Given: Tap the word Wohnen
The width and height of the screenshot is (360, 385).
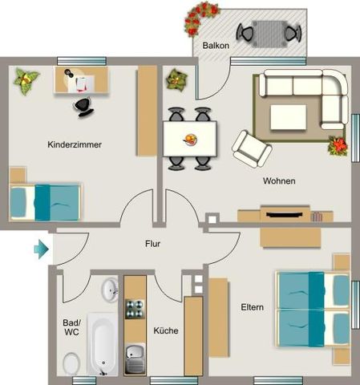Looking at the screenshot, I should (x=279, y=181).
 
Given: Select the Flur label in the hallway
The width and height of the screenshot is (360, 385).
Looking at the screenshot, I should (x=154, y=243).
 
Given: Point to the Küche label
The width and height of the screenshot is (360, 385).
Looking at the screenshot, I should (x=165, y=330).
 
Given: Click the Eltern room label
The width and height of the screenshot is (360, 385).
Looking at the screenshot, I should (x=253, y=307).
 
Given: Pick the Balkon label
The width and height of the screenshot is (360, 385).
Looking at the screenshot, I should (x=216, y=46).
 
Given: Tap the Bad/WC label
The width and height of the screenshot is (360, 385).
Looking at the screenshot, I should (x=71, y=327).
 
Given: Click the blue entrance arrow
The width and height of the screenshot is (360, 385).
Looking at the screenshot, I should (x=41, y=250).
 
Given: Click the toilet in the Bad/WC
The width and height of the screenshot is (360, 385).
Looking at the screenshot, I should (x=71, y=365).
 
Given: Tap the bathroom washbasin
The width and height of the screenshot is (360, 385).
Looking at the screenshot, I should (x=109, y=289).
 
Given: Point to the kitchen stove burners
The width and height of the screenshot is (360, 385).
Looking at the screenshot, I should (x=135, y=309).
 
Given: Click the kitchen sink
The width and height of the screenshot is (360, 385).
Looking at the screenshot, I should (x=135, y=355).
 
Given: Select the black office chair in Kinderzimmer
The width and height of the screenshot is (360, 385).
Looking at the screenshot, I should (x=83, y=104).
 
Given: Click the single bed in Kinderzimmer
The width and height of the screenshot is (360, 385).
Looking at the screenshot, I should (x=47, y=201).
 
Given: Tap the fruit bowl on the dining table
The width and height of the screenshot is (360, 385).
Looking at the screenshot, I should (x=191, y=140).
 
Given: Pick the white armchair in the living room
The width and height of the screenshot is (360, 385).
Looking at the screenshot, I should (x=251, y=148).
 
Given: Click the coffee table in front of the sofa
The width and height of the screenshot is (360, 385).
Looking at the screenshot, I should (x=287, y=116).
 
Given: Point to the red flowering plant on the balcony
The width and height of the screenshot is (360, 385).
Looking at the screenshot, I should (x=200, y=18).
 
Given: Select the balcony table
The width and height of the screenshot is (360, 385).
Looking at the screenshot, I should (x=269, y=32).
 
